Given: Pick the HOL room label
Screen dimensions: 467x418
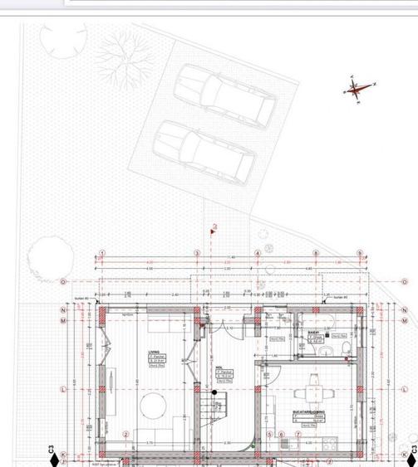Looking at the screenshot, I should click(x=219, y=367).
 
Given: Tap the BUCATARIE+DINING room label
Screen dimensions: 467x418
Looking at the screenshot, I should click(x=308, y=411).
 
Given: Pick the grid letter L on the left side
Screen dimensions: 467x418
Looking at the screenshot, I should click(x=63, y=388).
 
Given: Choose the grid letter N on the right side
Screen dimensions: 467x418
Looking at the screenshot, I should click(x=405, y=310).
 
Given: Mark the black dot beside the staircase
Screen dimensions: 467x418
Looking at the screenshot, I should click(x=214, y=392).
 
